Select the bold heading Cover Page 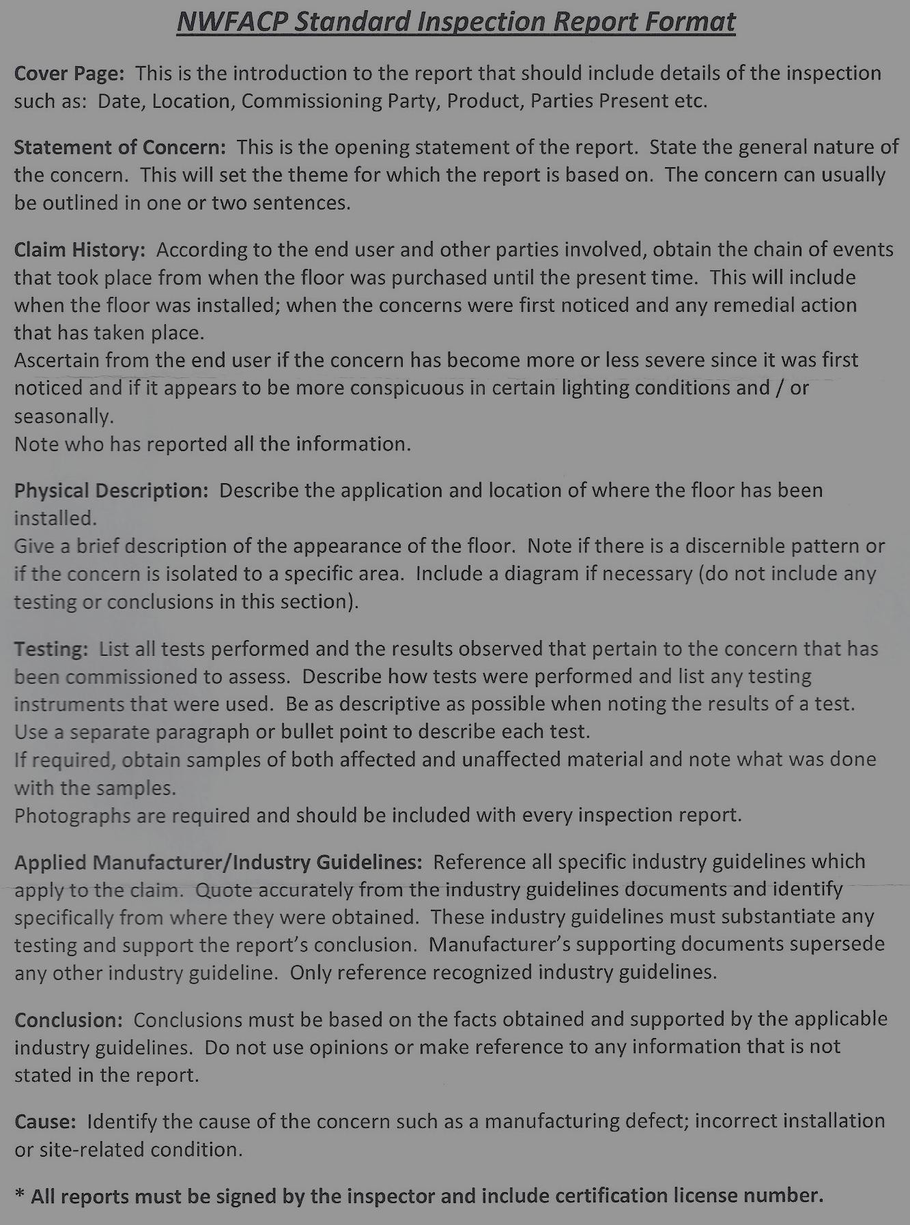point(69,74)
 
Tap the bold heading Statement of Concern point(119,147)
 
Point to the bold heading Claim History point(79,250)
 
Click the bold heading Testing point(51,649)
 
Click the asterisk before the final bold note point(20,1195)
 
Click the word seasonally point(63,416)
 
